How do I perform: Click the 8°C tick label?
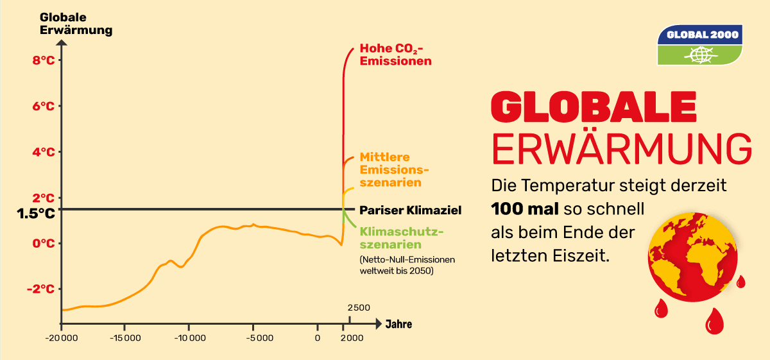44,60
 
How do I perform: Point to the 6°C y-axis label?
44,106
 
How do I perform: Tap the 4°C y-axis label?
44,152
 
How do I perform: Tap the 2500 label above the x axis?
358,308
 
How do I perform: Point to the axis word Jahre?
398,324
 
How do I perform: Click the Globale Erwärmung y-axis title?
76,24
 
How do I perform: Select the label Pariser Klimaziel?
410,210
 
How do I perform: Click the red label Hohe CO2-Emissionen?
395,55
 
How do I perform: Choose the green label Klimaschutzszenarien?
402,237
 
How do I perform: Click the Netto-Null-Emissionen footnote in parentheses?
407,266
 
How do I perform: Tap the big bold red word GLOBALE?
593,107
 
